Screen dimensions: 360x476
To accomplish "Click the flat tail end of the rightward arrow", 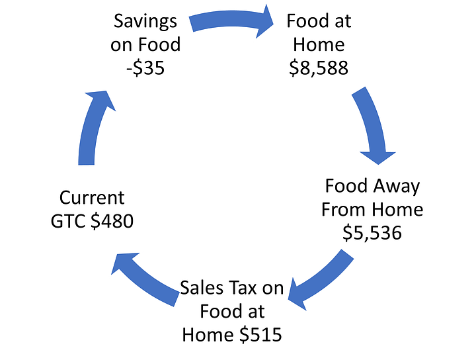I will [191, 24].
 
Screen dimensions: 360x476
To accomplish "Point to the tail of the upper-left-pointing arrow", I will [175, 299].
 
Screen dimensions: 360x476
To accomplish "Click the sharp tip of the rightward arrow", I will [275, 19].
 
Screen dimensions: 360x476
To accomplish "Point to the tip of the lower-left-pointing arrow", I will [287, 301].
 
